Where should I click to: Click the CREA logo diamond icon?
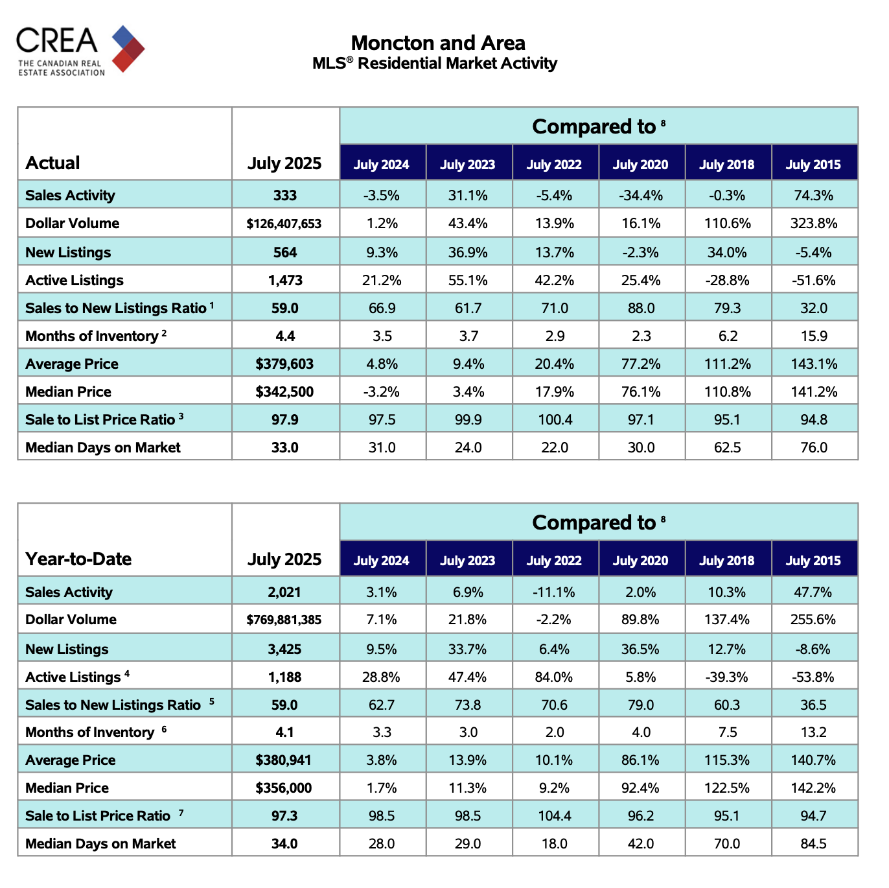pyautogui.click(x=128, y=49)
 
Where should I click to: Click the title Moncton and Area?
pyautogui.click(x=438, y=43)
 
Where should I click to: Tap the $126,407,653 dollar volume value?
pyautogui.click(x=284, y=224)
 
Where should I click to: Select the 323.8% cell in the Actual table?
pyautogui.click(x=813, y=224)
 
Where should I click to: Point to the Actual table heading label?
pyautogui.click(x=52, y=163)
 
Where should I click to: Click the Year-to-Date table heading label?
pyautogui.click(x=78, y=559)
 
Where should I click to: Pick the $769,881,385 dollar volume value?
pyautogui.click(x=284, y=620)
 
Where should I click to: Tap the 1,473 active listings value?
pyautogui.click(x=285, y=280)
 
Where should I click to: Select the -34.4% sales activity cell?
pyautogui.click(x=640, y=195)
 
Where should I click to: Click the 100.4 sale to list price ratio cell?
pyautogui.click(x=555, y=419)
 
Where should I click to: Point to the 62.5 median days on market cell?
pyautogui.click(x=727, y=447)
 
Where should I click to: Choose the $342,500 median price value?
pyautogui.click(x=284, y=392)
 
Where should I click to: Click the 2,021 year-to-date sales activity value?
pyautogui.click(x=284, y=592)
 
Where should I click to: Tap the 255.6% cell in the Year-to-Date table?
pyautogui.click(x=813, y=620)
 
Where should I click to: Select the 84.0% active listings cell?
pyautogui.click(x=553, y=677)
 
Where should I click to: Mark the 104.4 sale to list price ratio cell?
pyautogui.click(x=555, y=815)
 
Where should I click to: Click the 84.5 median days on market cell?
pyautogui.click(x=813, y=844)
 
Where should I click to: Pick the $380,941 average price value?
pyautogui.click(x=283, y=760)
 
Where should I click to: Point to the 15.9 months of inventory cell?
pyautogui.click(x=814, y=336)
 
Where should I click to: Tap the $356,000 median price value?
pyautogui.click(x=284, y=788)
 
